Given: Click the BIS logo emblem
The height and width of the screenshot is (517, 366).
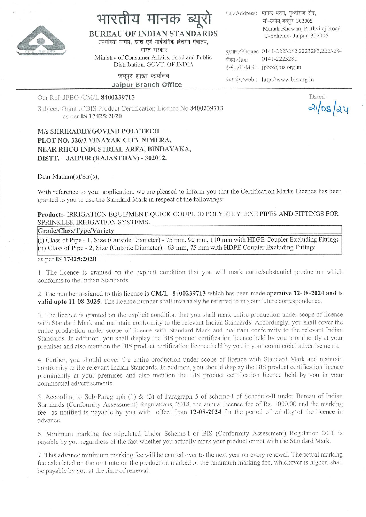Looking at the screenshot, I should pyautogui.click(x=41, y=40).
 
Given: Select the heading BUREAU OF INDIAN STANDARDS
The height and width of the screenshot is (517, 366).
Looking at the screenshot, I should pyautogui.click(x=153, y=34).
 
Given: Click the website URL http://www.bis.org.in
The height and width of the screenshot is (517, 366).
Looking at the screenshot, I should pyautogui.click(x=288, y=80).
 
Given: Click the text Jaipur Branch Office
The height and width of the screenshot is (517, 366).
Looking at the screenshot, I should pyautogui.click(x=147, y=85).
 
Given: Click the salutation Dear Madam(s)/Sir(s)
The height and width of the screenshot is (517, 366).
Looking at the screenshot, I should pyautogui.click(x=68, y=177).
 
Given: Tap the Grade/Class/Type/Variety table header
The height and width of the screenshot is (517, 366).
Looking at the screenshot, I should pyautogui.click(x=76, y=230).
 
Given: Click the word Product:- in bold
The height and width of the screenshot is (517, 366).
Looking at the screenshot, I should pyautogui.click(x=52, y=214).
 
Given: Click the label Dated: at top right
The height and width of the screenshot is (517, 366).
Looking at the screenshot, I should pyautogui.click(x=318, y=97).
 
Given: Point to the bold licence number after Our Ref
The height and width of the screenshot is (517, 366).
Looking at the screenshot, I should pyautogui.click(x=118, y=97).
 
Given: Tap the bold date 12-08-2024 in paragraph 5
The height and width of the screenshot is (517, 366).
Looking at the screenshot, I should pyautogui.click(x=206, y=412).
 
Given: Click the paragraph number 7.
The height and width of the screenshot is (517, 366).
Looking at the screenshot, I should pyautogui.click(x=40, y=455).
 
